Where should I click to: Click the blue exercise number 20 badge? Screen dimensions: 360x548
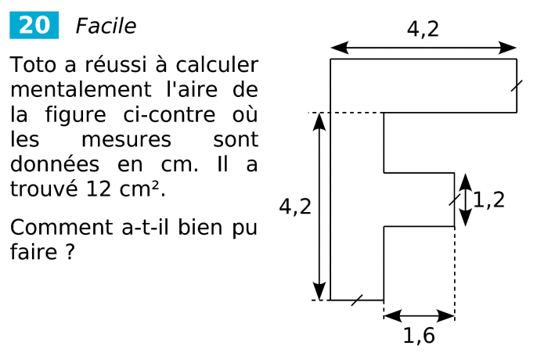click(34, 26)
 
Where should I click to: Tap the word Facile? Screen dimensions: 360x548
click(105, 27)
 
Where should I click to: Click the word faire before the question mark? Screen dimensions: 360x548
click(30, 253)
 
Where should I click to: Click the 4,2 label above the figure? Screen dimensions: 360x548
click(423, 30)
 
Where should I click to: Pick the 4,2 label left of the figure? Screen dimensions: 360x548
click(295, 207)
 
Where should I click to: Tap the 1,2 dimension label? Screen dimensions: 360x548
click(489, 200)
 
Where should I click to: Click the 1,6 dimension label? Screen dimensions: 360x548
click(419, 336)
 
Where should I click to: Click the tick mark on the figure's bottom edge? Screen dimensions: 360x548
click(357, 300)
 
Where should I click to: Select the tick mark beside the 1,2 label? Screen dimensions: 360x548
click(455, 200)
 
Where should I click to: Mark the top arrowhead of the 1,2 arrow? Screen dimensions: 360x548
click(466, 180)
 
